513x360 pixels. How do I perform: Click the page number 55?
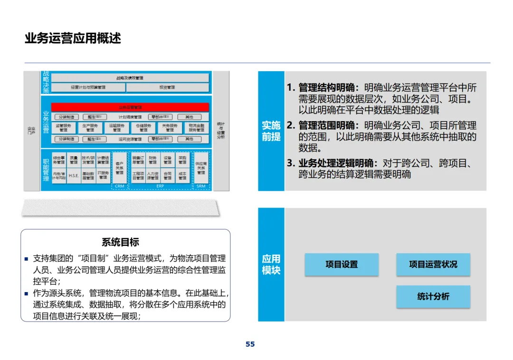[x=250, y=344]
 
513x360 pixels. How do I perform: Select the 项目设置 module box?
[x=342, y=265]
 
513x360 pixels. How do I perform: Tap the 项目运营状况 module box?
[x=433, y=265]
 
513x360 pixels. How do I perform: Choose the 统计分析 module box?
[x=433, y=296]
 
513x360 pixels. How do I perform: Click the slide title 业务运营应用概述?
[x=73, y=38]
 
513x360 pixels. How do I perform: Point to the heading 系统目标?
[x=121, y=242]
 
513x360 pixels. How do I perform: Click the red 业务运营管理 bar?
[x=130, y=107]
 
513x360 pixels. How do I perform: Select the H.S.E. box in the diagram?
[x=74, y=175]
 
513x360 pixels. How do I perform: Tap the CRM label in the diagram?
[x=120, y=186]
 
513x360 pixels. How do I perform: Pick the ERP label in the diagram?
[x=160, y=186]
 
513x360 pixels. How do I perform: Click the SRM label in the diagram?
[x=201, y=186]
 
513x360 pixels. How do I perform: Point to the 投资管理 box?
[x=167, y=87]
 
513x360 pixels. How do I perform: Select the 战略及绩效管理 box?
[x=130, y=78]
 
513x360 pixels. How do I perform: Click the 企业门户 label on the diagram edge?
[x=31, y=130]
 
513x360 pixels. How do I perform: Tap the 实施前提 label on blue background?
[x=271, y=131]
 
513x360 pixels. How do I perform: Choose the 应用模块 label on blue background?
[x=271, y=265]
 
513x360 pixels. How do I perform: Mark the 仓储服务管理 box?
[x=143, y=127]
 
